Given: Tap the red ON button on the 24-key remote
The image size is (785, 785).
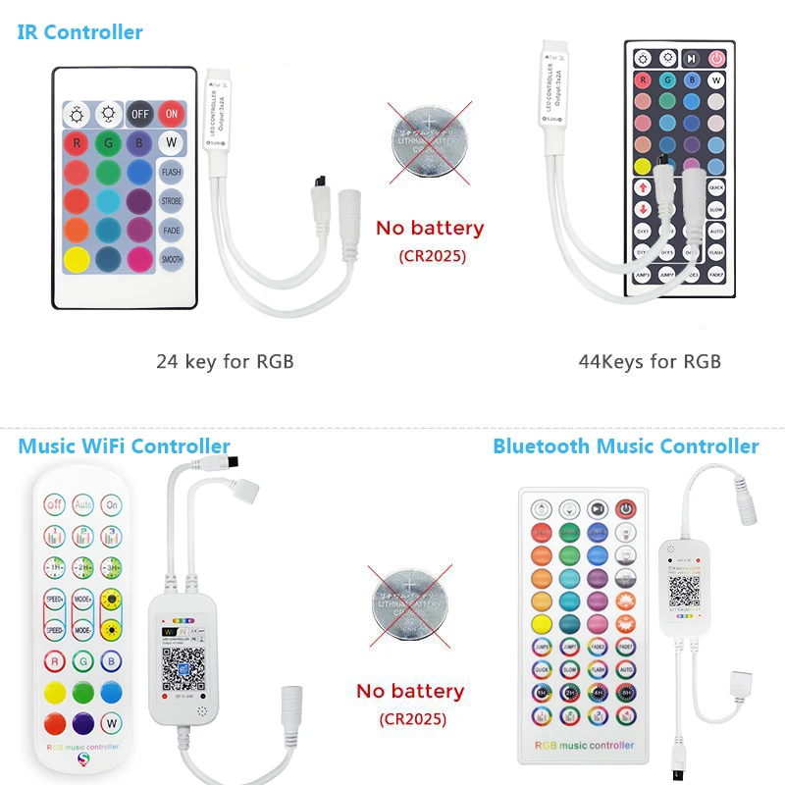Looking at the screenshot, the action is (172, 113).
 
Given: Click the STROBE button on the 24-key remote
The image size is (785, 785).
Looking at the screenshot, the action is (172, 202).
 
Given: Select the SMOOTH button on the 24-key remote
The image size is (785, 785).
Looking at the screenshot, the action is (172, 260).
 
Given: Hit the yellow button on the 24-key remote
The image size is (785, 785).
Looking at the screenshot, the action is (77, 260).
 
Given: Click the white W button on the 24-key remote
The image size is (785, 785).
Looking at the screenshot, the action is (172, 143).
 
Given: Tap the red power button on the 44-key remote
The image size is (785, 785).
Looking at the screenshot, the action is (717, 58).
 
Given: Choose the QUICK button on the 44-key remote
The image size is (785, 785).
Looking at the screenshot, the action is (717, 185).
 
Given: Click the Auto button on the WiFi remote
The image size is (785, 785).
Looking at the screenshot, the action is (82, 504).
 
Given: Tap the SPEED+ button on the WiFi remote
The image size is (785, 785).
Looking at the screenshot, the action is (54, 598).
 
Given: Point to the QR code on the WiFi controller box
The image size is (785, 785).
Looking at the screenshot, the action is (179, 671).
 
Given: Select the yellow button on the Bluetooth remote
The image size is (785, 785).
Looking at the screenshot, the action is (541, 623).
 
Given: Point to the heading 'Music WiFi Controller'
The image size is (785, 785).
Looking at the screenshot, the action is (124, 446).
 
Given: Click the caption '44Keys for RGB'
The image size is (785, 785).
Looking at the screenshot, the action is (650, 361).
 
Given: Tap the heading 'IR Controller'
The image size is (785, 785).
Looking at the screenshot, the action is (80, 31).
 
